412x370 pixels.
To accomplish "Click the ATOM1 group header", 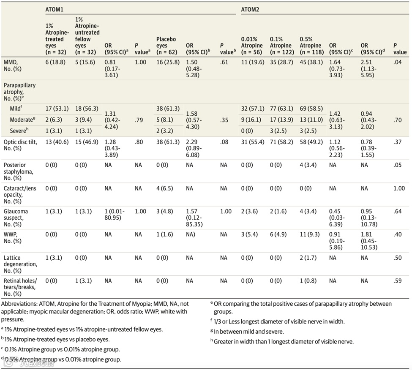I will [x=55, y=9].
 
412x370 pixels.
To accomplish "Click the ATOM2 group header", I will [x=250, y=9].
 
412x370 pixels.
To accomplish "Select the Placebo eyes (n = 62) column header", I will [x=166, y=46].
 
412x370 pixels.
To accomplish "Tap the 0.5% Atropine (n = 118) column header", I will [x=311, y=46].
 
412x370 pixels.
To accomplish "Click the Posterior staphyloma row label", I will [x=17, y=171].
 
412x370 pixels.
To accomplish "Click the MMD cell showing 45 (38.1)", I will [x=311, y=62].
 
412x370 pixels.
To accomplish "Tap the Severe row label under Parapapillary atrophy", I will [x=18, y=131].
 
